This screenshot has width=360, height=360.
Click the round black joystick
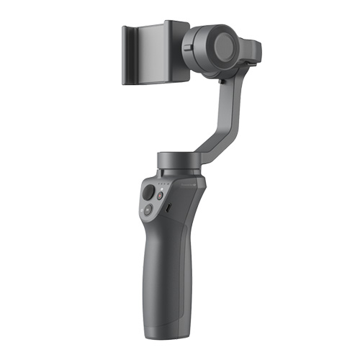pyautogui.click(x=148, y=194)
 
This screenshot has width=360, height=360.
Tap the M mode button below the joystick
pyautogui.click(x=149, y=211)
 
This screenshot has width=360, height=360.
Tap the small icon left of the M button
pyautogui.click(x=142, y=209)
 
